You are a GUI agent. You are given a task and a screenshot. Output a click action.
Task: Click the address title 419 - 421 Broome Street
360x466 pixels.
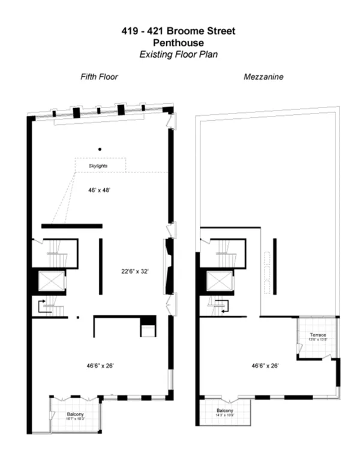coord(180,31)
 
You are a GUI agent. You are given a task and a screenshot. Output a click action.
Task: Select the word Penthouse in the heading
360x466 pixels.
coord(180,43)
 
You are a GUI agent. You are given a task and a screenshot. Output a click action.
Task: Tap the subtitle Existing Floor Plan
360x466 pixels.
coord(180,54)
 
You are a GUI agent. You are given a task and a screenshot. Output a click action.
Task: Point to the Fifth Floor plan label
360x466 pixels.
coord(100,77)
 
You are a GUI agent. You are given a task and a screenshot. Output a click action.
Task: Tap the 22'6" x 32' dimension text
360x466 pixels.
coord(135,271)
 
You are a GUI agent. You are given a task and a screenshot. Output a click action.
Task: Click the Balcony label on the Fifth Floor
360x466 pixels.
coord(76,414)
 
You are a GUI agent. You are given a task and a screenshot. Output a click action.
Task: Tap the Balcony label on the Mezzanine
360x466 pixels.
coord(229,411)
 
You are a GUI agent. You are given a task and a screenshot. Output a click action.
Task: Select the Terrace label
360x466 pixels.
coord(317,335)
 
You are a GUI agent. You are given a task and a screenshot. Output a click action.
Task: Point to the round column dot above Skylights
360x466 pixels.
coord(100,148)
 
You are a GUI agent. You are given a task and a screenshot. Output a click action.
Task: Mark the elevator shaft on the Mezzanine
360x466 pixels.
coord(218,281)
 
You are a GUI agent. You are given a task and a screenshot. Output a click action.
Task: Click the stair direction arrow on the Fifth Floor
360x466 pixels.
coord(43,306)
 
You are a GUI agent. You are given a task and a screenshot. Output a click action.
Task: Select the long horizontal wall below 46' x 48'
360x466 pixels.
coord(72,226)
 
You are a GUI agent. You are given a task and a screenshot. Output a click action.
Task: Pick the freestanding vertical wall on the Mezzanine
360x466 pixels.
coord(275,259)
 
